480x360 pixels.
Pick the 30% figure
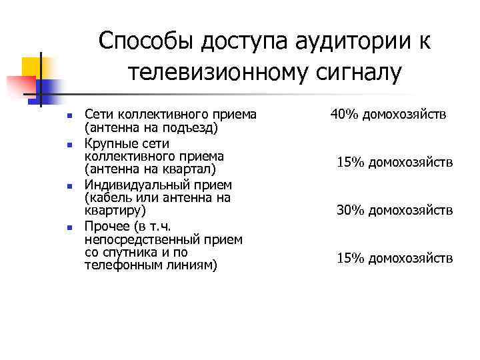(349, 211)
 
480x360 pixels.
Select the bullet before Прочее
(59, 228)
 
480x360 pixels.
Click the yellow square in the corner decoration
(32, 67)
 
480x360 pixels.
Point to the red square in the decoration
(20, 86)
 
